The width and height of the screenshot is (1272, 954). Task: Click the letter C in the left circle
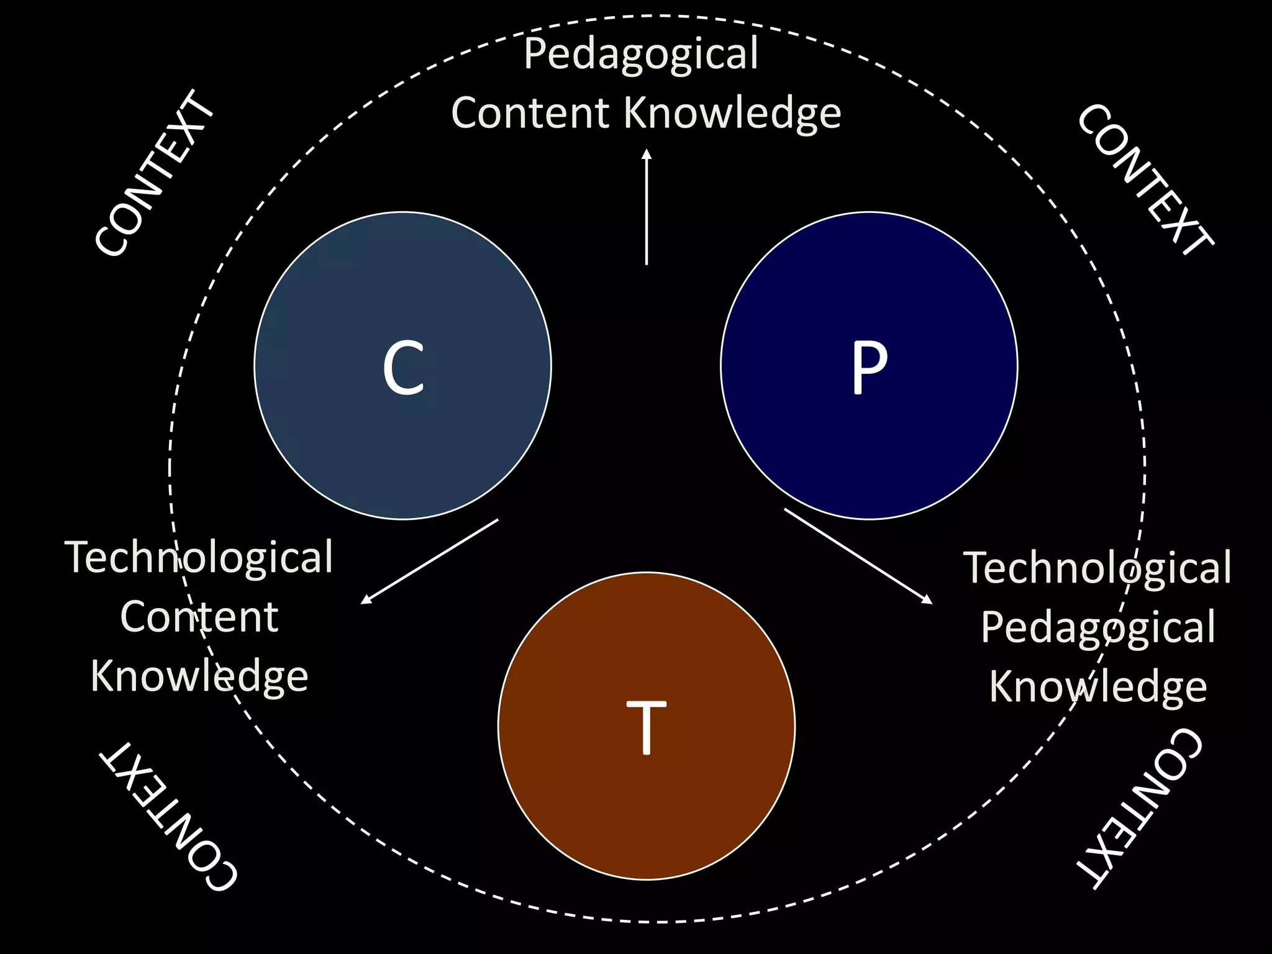tap(403, 368)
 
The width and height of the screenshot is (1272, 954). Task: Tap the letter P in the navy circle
tap(868, 368)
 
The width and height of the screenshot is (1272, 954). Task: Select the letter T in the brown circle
tap(646, 727)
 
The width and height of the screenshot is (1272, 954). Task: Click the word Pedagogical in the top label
tap(640, 55)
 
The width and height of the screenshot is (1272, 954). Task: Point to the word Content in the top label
tap(530, 114)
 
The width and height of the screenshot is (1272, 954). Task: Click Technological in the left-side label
tap(199, 557)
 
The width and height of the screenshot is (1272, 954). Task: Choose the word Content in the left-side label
tap(199, 617)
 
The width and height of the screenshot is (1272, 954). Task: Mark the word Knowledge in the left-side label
tap(199, 676)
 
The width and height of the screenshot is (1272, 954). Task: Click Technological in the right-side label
tap(1097, 568)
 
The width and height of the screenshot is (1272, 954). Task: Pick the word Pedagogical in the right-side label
tap(1097, 627)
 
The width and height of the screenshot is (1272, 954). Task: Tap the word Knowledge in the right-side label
tap(1097, 687)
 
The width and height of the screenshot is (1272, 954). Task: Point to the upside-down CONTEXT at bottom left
tap(168, 817)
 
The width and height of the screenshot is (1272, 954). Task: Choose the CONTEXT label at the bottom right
tap(1140, 807)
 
